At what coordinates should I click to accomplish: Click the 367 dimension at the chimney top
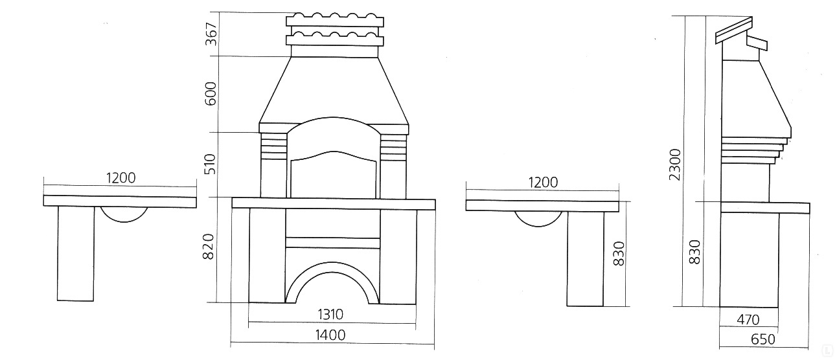[211, 34]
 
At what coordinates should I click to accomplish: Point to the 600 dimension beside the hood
[211, 93]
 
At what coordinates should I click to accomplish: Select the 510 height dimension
[211, 164]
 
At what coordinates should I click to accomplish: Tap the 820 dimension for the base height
[208, 247]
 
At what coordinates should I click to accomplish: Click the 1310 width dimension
[330, 315]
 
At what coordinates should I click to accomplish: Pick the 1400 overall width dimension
[330, 335]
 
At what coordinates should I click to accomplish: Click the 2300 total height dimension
[675, 164]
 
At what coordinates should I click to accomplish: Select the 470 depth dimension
[748, 320]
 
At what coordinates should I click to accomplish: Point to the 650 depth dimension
[762, 339]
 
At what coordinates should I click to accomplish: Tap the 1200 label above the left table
[120, 178]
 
